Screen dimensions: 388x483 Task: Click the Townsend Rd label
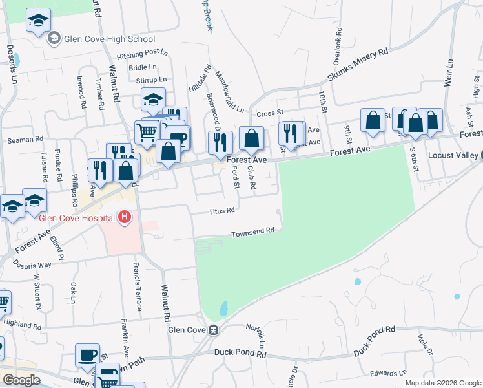tap(254, 230)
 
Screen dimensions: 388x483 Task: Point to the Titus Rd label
tap(221, 210)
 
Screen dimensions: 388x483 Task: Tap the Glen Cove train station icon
tap(212, 330)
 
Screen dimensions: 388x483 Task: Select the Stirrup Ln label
tap(152, 80)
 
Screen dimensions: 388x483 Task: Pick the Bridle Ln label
tap(143, 67)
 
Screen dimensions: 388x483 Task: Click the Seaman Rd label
tap(25, 139)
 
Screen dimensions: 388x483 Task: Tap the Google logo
tap(21, 380)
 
